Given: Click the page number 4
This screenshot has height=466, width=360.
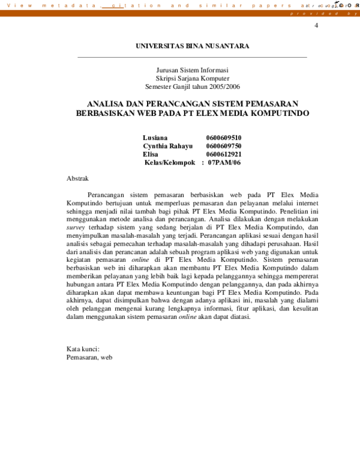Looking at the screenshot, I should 316,26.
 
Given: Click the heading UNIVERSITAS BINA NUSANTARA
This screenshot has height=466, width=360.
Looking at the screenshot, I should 192,46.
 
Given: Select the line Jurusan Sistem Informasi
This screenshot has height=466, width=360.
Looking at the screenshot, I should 192,70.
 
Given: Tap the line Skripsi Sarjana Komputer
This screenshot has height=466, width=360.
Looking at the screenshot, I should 192,79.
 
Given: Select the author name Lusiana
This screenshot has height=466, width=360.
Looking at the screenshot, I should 155,138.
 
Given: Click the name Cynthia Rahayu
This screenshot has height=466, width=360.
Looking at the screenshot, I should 167,146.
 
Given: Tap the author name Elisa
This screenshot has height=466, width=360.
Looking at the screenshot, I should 151,154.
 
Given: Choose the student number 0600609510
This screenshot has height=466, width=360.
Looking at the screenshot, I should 224,138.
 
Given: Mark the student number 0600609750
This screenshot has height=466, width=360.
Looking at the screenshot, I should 224,146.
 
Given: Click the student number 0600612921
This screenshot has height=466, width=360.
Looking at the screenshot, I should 224,154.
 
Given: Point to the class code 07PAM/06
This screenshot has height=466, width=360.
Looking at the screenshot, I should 224,163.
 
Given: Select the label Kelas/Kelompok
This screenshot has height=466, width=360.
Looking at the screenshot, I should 170,163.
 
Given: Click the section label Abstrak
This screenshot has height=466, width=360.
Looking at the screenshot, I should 77,178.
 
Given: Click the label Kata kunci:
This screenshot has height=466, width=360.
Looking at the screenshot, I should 83,349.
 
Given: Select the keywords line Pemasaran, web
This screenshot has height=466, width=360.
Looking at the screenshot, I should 89,357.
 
